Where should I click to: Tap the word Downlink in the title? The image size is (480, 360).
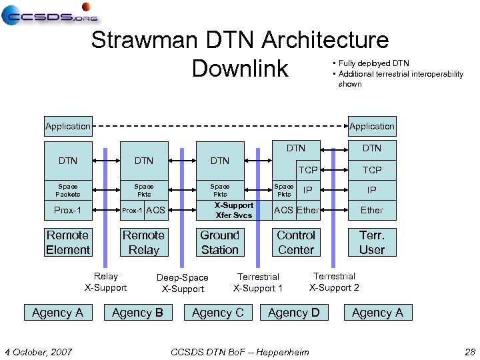click(x=239, y=68)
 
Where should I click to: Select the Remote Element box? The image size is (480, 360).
click(x=67, y=243)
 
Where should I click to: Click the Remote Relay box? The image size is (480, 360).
click(x=143, y=243)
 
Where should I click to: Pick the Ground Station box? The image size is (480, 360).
click(x=219, y=243)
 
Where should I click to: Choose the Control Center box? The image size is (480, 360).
click(x=295, y=243)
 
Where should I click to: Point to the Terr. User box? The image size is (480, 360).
click(x=371, y=243)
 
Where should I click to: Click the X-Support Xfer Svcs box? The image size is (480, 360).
click(x=233, y=210)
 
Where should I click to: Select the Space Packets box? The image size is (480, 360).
click(x=67, y=190)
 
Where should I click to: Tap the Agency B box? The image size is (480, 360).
click(x=137, y=313)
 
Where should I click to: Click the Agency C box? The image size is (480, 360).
click(x=217, y=313)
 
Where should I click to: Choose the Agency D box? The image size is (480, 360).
click(x=293, y=313)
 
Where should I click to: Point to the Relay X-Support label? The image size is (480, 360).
click(x=105, y=282)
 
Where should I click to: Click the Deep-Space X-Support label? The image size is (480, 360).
click(x=183, y=283)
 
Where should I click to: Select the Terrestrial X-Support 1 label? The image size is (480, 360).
click(x=258, y=283)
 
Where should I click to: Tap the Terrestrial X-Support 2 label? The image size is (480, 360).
click(x=334, y=282)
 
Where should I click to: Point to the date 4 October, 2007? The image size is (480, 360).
click(x=39, y=351)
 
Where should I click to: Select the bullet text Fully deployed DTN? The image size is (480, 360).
click(x=373, y=63)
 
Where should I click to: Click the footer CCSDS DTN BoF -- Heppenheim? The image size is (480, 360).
click(x=240, y=351)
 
